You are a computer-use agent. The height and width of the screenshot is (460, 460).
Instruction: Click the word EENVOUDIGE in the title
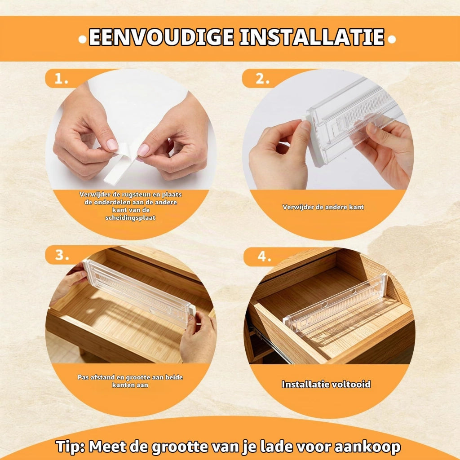click(x=161, y=37)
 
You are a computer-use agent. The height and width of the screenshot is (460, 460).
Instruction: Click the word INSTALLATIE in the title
click(x=312, y=37)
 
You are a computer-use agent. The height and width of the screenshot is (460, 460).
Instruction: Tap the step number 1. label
click(x=61, y=79)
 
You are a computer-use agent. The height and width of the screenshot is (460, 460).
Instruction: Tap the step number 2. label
click(x=262, y=79)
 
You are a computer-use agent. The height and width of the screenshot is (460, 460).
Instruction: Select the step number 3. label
click(x=62, y=255)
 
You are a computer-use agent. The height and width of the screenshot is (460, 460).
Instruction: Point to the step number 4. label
click(x=264, y=257)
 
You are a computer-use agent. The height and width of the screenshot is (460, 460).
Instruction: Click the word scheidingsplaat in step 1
click(x=130, y=218)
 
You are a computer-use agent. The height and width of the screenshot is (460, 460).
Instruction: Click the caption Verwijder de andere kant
click(x=323, y=207)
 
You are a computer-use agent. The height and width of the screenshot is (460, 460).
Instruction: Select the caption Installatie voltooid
click(x=326, y=385)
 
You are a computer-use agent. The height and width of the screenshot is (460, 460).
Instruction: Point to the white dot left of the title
click(x=83, y=40)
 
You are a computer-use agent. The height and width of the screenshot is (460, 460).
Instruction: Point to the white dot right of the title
click(x=391, y=39)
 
